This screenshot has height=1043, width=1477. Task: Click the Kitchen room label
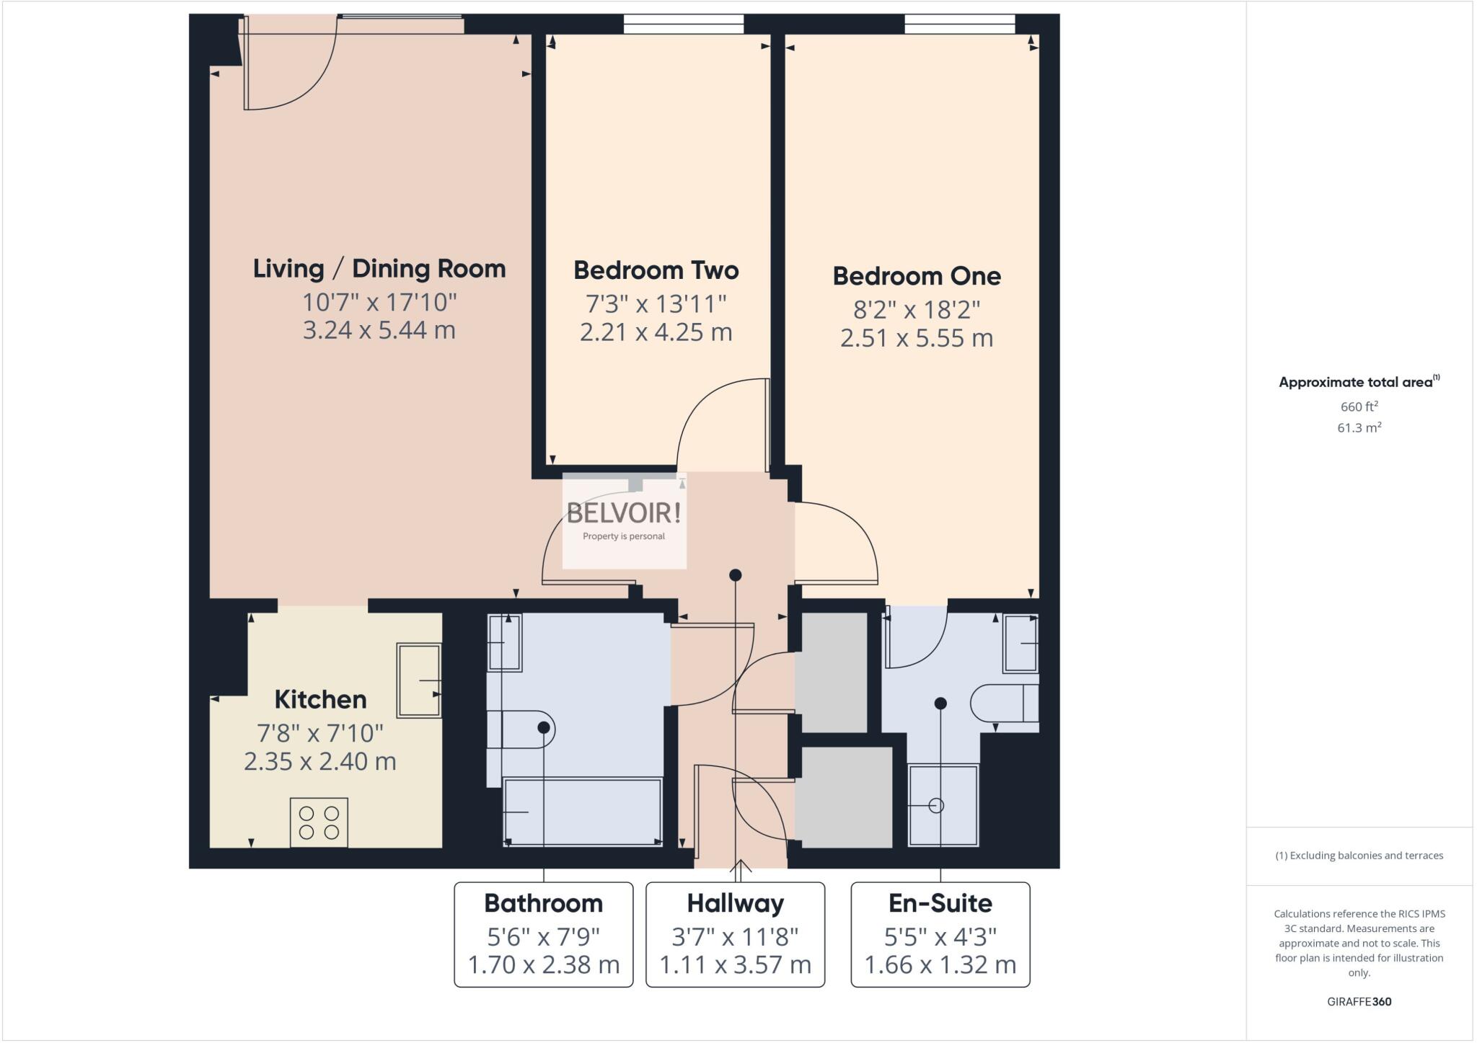tap(320, 699)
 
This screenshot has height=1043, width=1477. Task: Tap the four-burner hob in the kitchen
tap(319, 822)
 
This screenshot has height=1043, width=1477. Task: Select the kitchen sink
tap(419, 680)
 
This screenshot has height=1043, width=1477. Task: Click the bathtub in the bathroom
tap(582, 812)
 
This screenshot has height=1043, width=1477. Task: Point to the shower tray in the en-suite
tap(943, 805)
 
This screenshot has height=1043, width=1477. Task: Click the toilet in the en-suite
tap(1004, 703)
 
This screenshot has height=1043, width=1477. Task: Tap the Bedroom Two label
tap(656, 270)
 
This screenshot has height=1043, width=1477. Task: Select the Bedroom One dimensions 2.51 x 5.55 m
tap(916, 338)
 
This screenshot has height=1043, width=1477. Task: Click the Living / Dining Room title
tap(379, 269)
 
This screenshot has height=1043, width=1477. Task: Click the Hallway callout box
tap(735, 934)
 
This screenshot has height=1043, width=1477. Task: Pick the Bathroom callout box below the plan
tap(543, 934)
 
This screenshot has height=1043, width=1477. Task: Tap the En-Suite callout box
tap(940, 934)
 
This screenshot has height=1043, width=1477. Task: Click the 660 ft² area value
tap(1359, 407)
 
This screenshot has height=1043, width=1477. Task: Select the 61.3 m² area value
tap(1359, 427)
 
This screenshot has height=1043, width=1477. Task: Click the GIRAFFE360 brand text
tap(1359, 1001)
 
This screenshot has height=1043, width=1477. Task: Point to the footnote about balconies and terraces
tap(1359, 856)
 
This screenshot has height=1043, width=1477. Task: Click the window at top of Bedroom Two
tap(683, 25)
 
